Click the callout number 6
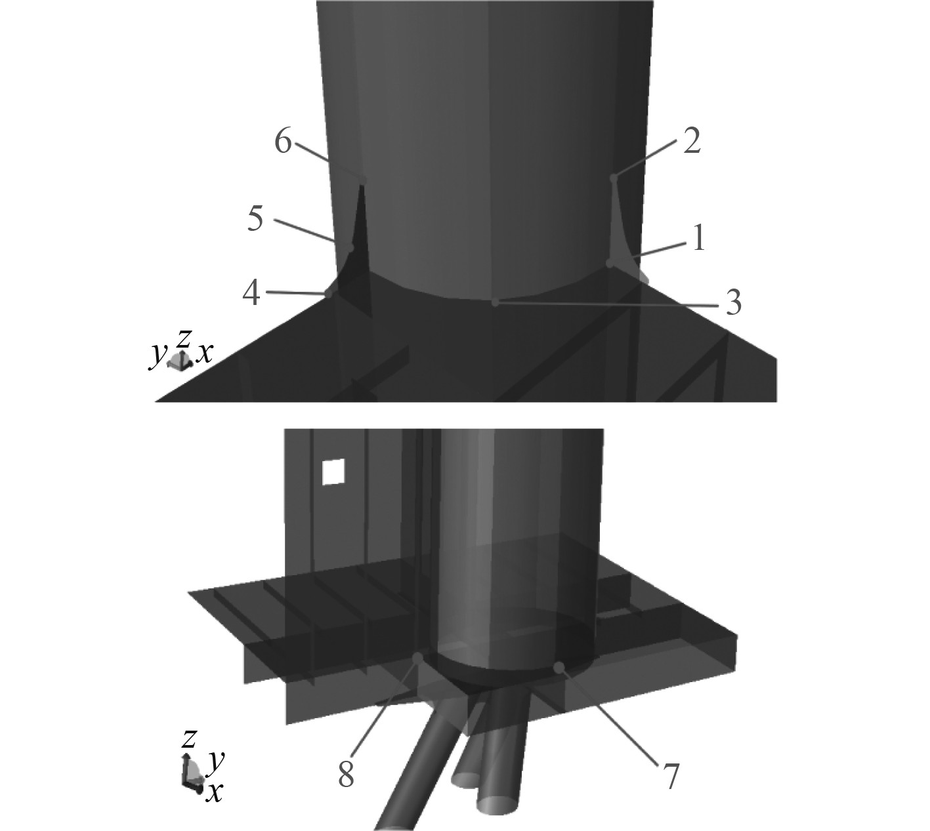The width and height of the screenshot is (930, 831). (x=284, y=141)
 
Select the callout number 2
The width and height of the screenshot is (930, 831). (x=692, y=141)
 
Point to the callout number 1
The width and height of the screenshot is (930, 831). (x=698, y=239)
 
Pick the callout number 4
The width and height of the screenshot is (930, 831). (x=251, y=293)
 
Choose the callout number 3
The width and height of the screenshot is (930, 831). (x=733, y=303)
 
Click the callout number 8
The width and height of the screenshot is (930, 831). (x=346, y=772)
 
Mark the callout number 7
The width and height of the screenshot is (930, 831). (x=669, y=777)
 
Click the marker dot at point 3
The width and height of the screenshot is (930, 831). (x=495, y=302)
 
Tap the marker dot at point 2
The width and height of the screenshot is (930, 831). (x=613, y=178)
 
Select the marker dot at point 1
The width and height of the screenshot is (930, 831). (x=610, y=264)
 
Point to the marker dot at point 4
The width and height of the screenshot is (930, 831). (x=329, y=293)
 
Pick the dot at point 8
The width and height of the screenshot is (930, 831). (x=417, y=659)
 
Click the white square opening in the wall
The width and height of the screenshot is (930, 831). (x=333, y=472)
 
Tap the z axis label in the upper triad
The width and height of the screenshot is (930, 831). (x=184, y=338)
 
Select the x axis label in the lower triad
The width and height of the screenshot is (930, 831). (x=214, y=791)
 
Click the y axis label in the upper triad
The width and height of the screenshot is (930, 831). (x=158, y=356)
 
